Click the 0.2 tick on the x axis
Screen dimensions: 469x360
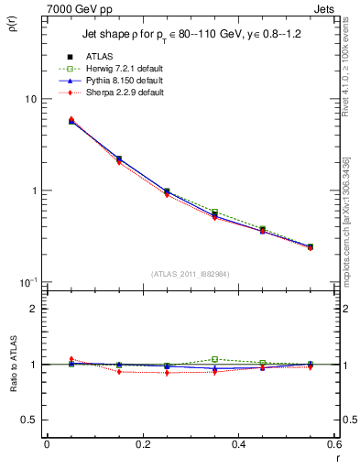pyautogui.click(x=143, y=444)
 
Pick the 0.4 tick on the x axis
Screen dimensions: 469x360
pyautogui.click(x=238, y=444)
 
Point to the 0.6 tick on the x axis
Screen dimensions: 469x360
pyautogui.click(x=333, y=444)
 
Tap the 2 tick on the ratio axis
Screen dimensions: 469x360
pyautogui.click(x=34, y=309)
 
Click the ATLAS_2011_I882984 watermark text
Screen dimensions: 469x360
pyautogui.click(x=191, y=274)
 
